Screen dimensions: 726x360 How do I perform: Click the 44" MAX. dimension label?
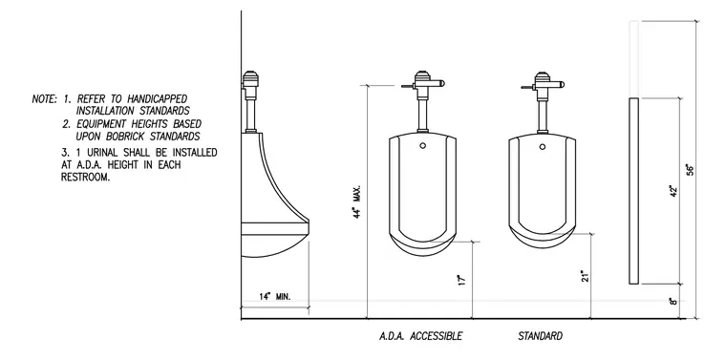pyautogui.click(x=357, y=201)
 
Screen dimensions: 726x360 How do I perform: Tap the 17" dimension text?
pyautogui.click(x=460, y=280)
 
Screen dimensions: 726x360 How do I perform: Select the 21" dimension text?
pyautogui.click(x=586, y=276)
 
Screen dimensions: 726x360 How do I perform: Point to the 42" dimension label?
pyautogui.click(x=673, y=191)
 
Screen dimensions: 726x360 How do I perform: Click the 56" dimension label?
pyautogui.click(x=690, y=169)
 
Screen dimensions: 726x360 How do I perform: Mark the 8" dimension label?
pyautogui.click(x=673, y=301)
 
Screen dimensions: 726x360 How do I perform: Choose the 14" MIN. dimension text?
pyautogui.click(x=275, y=297)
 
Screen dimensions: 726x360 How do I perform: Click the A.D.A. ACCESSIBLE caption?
pyautogui.click(x=420, y=336)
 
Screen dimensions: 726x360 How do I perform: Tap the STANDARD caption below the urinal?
pyautogui.click(x=541, y=336)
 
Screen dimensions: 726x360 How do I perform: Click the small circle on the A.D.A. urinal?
pyautogui.click(x=423, y=145)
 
